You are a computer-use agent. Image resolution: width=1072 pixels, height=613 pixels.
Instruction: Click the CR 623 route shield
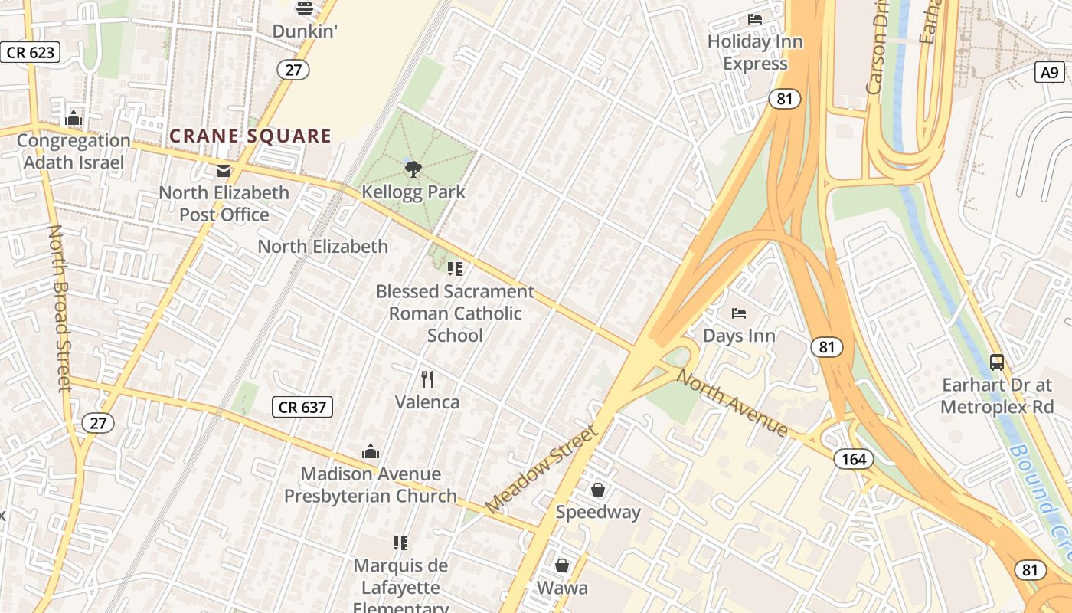point(31,52)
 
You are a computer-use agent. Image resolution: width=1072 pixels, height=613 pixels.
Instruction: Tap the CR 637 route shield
point(303,407)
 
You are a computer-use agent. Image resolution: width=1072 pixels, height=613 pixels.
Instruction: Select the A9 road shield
point(1051,73)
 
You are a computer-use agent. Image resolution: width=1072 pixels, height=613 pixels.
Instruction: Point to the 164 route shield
point(853,459)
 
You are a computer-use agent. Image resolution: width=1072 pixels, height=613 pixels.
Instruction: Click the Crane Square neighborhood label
point(250,136)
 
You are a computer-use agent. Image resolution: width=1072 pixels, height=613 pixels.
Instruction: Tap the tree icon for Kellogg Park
point(413,169)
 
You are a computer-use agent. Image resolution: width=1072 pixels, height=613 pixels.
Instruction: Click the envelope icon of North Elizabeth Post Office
point(224,170)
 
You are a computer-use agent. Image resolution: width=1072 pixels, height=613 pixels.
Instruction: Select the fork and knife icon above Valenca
point(427,379)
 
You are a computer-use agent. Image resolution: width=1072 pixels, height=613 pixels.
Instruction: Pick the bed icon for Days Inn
point(739,313)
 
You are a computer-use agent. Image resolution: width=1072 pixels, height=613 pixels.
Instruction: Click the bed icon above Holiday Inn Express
point(755,19)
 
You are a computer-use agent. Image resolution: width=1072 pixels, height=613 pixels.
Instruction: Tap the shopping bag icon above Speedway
point(598,489)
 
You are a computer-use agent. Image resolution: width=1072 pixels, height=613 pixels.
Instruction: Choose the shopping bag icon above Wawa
point(562,565)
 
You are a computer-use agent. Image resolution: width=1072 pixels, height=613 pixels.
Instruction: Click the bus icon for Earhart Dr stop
point(997,362)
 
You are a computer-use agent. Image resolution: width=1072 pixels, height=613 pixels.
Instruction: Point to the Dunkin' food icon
point(305,8)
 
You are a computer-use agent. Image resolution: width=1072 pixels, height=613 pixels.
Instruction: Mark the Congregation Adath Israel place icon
point(74,118)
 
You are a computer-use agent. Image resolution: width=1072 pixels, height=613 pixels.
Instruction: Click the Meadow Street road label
point(541,469)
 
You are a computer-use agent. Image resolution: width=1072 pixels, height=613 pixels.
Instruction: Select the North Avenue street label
point(732,404)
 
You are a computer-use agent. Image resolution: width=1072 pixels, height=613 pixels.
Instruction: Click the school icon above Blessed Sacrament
point(455,269)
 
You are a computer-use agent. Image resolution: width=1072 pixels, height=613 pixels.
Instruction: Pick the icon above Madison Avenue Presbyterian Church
point(371,451)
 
